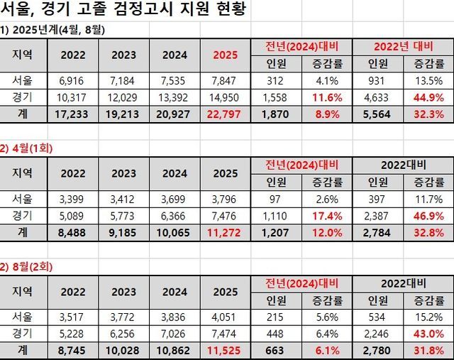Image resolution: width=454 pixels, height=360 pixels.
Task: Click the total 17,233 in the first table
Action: [74, 112]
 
